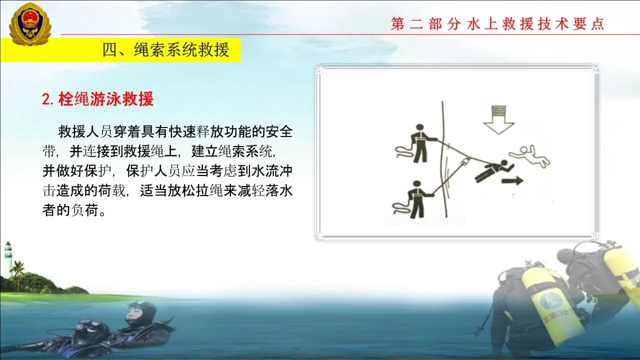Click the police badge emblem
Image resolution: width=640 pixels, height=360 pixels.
[30, 24]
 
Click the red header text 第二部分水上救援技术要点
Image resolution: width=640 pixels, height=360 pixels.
[497, 23]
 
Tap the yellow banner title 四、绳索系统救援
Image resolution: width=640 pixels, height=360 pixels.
[165, 50]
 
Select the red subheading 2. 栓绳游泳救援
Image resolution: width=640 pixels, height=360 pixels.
[97, 99]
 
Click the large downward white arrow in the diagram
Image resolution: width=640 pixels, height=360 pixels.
[499, 119]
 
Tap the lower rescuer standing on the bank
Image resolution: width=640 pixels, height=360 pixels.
[419, 199]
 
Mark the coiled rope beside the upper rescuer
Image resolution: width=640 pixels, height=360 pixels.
[405, 151]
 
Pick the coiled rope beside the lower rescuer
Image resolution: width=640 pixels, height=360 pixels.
[402, 207]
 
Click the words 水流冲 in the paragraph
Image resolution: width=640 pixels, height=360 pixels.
[271, 171]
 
